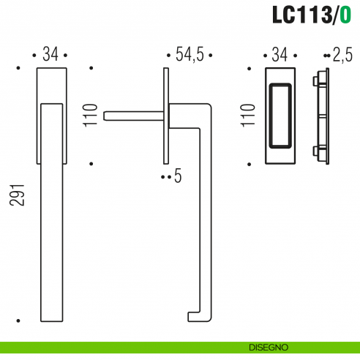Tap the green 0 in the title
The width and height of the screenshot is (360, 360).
345,15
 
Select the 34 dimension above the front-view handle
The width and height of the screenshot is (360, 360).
50,54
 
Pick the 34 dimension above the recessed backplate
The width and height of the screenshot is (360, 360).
280,54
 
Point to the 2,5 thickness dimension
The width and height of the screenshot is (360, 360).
342,54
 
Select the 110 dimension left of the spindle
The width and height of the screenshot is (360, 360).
91,116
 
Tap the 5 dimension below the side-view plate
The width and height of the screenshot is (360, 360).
178,176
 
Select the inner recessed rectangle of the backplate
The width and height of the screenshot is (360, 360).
280,115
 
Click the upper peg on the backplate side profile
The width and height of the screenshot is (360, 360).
315,78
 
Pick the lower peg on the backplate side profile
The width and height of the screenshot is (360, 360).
315,151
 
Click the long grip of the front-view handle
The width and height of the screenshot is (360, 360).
50,220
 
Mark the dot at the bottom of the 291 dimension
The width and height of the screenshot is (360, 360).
18,320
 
